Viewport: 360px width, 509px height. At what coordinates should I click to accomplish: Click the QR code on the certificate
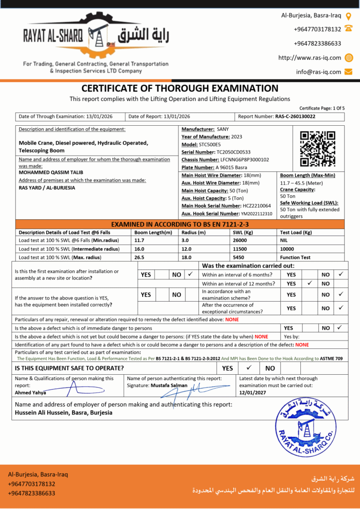318,149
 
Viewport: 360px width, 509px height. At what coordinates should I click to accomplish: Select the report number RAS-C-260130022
295,116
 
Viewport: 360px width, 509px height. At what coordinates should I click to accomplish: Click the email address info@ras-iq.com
319,72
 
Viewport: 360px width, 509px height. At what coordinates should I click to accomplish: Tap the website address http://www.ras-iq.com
310,58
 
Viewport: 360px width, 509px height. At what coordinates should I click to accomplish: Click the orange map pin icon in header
349,16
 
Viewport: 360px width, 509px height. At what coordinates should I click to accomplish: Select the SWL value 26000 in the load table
240,240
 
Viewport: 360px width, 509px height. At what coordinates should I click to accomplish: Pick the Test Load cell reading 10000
288,249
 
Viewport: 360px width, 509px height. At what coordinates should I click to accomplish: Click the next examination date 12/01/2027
253,392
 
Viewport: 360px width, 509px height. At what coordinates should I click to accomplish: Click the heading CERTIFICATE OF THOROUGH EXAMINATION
180,88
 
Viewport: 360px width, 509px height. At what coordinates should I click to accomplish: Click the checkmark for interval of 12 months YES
310,283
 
